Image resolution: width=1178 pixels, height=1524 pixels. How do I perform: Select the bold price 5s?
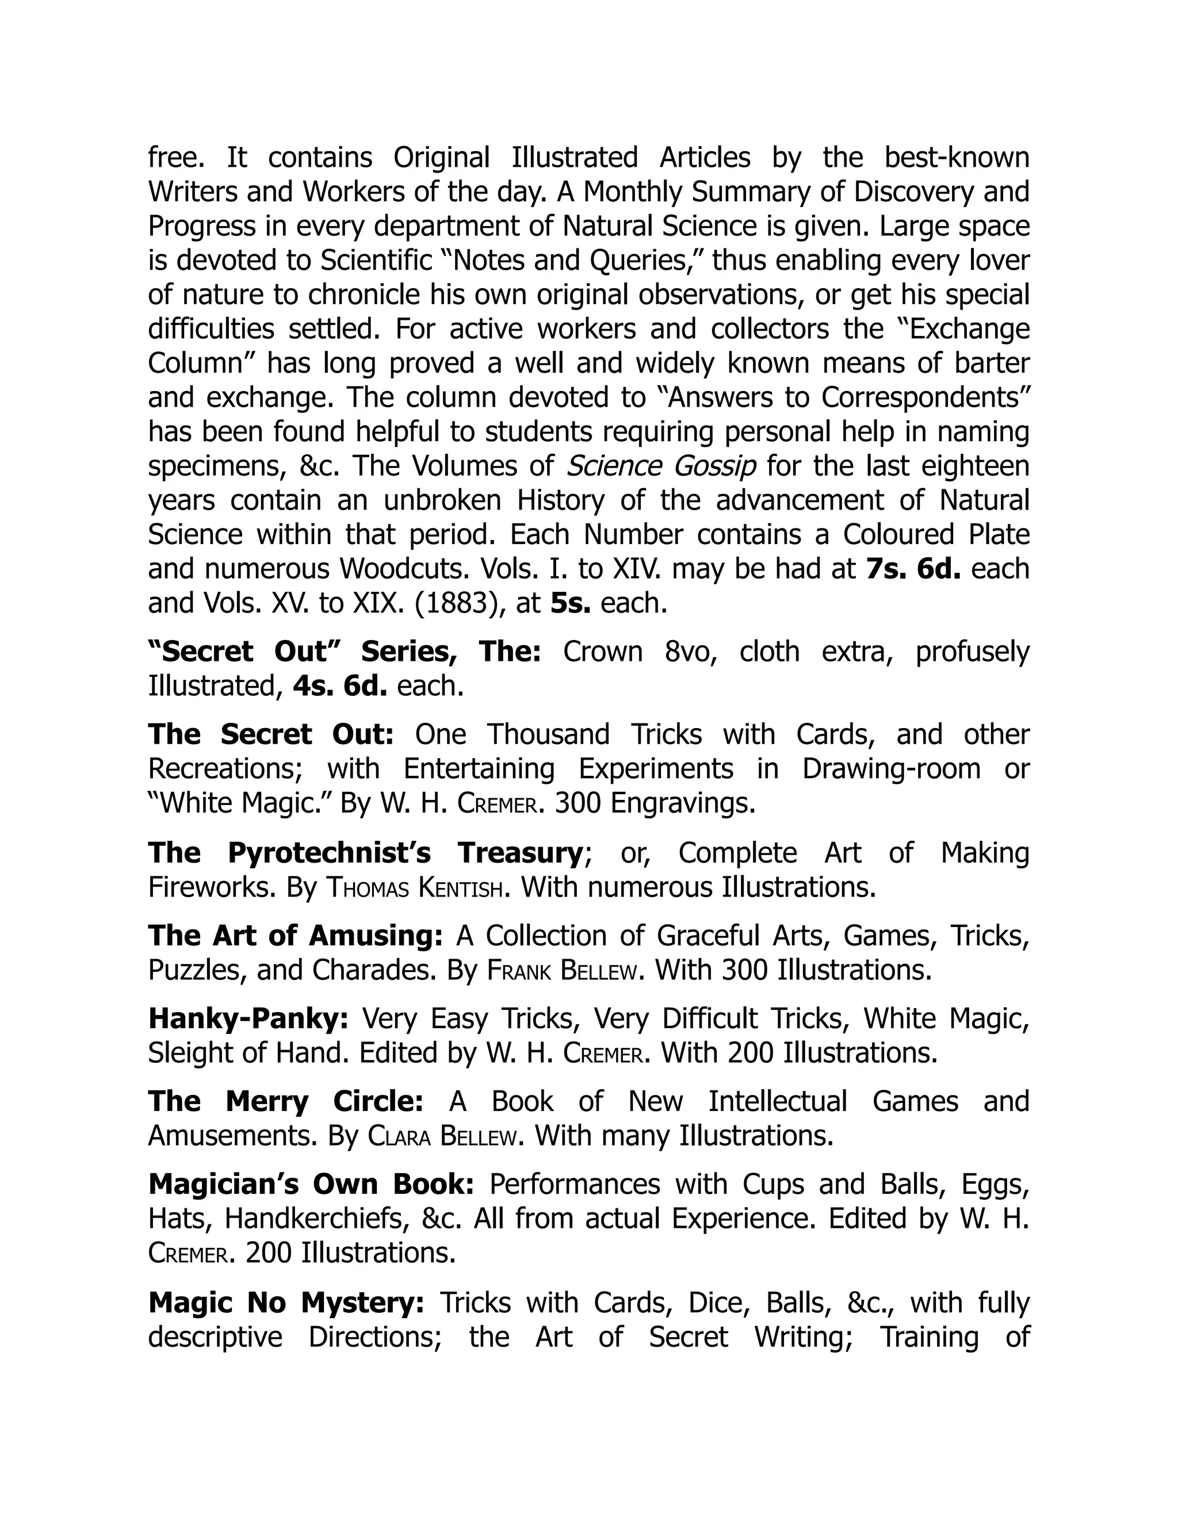[570, 603]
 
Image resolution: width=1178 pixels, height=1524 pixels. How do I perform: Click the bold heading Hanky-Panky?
[248, 1019]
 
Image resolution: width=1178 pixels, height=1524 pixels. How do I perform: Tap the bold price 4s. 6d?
[340, 686]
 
